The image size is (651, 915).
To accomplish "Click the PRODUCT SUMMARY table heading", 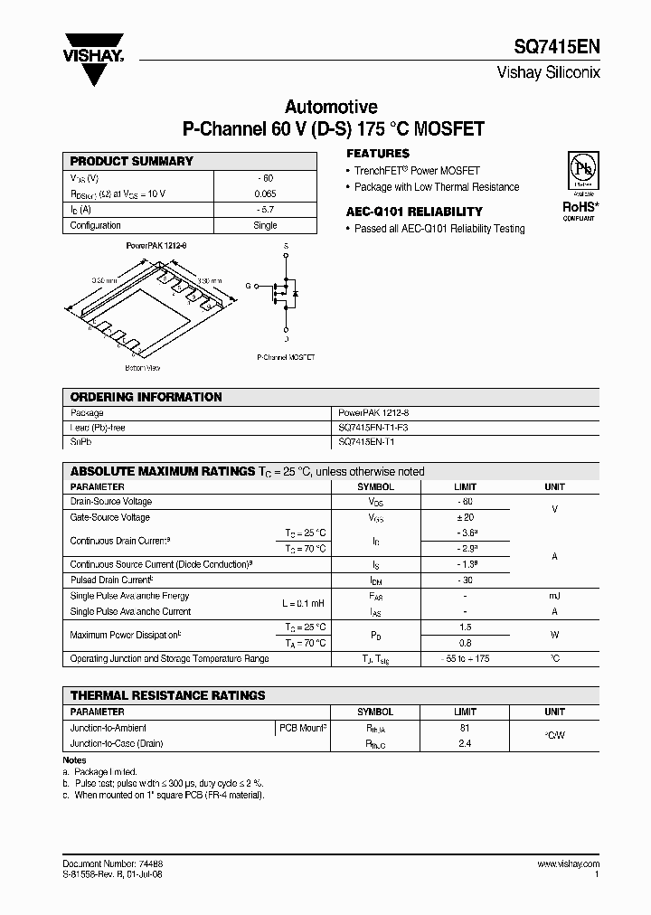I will pyautogui.click(x=132, y=161).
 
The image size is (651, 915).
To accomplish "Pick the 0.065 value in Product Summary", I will pyautogui.click(x=265, y=193).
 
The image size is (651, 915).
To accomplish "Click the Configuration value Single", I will pyautogui.click(x=265, y=225).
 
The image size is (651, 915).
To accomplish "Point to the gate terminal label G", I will pyautogui.click(x=248, y=286).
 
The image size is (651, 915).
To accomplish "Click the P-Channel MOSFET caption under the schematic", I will pyautogui.click(x=286, y=358).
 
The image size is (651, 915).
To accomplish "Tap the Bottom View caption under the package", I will pyautogui.click(x=143, y=368).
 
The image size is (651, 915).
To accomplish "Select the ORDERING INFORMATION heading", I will pyautogui.click(x=146, y=397).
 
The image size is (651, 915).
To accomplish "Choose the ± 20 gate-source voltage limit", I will pyautogui.click(x=465, y=517).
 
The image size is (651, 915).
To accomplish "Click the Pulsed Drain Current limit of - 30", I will pyautogui.click(x=465, y=580).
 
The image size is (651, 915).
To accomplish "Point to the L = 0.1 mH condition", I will pyautogui.click(x=303, y=603).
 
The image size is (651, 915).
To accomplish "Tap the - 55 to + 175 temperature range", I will pyautogui.click(x=465, y=659).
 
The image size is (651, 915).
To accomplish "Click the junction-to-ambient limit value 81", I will pyautogui.click(x=465, y=728).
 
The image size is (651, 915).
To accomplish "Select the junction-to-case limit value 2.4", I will pyautogui.click(x=465, y=743).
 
